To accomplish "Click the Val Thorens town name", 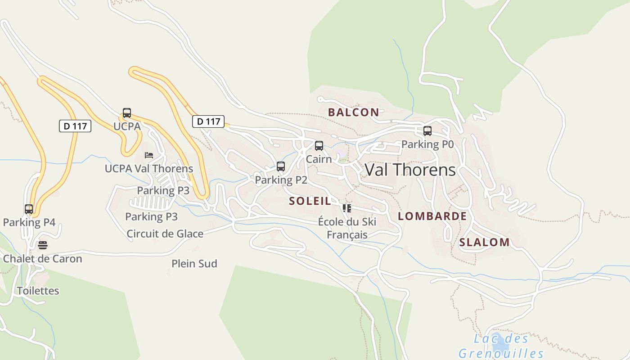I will click(x=410, y=170).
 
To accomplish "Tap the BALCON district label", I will click(x=353, y=112).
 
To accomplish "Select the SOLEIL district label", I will click(x=310, y=201).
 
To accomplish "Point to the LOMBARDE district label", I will click(x=432, y=216).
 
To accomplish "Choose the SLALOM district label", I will click(x=484, y=242).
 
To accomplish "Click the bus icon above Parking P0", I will click(x=427, y=131).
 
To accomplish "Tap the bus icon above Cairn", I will click(x=319, y=146).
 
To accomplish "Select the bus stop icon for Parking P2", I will click(x=281, y=166).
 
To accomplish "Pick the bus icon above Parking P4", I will click(x=29, y=209).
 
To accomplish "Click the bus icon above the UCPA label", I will click(x=127, y=113).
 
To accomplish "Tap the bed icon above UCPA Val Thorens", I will click(x=149, y=155).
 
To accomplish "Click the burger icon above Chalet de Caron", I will click(x=43, y=245).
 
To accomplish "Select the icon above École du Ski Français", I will click(x=346, y=208).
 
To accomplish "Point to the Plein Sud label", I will click(x=194, y=264).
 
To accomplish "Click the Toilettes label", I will click(x=38, y=291).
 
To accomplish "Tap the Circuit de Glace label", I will click(x=165, y=234).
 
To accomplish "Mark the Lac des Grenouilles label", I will click(x=501, y=346).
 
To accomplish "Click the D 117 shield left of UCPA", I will click(x=75, y=126).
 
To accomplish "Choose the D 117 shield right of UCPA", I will click(x=208, y=121).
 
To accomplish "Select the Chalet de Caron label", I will click(x=43, y=259).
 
